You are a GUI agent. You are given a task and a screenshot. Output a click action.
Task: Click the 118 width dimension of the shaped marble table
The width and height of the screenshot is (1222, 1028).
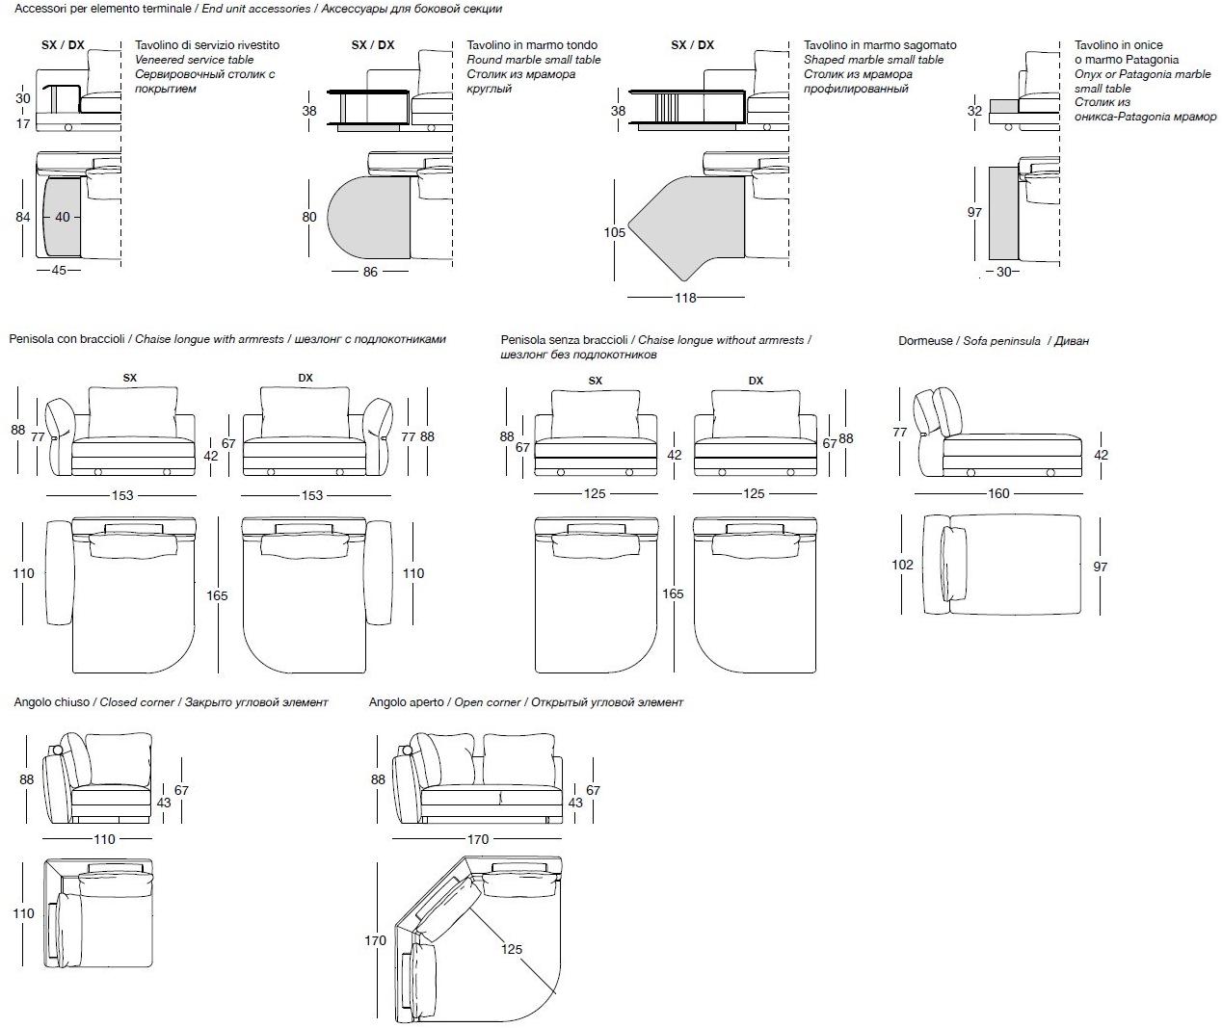685,298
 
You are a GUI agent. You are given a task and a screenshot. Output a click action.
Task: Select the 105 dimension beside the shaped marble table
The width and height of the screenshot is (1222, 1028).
615,232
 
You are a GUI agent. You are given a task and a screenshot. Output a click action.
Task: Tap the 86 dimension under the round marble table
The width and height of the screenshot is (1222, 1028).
370,272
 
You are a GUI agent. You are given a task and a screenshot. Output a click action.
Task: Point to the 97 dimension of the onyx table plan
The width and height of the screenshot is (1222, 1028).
974,212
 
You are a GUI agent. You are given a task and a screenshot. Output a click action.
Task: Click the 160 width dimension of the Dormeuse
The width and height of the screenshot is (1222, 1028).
998,493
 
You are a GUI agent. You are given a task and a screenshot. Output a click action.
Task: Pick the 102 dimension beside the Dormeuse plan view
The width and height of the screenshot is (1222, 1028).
902,565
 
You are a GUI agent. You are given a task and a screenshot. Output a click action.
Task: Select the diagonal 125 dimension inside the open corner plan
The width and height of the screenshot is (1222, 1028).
512,949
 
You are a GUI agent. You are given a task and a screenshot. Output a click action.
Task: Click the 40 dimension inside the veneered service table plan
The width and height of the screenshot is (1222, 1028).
63,217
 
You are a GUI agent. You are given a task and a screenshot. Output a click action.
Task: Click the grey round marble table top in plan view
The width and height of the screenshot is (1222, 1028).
371,217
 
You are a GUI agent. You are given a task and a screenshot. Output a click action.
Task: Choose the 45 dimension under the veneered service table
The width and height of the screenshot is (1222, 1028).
59,270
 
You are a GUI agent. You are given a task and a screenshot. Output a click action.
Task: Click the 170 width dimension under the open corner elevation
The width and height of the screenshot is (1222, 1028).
478,839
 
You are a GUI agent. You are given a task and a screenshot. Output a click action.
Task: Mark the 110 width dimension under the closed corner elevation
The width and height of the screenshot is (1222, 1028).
104,839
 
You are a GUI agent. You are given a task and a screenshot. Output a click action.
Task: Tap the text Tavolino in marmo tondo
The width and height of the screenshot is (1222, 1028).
532,45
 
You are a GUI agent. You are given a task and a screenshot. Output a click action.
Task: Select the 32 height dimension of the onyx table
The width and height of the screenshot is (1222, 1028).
974,111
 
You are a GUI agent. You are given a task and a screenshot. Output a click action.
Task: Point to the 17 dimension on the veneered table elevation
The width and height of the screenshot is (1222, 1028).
23,122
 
